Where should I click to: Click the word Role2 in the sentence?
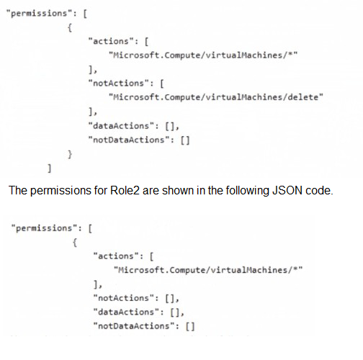(125, 191)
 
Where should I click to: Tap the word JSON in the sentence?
(287, 191)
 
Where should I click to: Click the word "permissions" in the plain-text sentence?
(60, 191)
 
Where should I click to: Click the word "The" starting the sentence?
(18, 191)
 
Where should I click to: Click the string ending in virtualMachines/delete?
(216, 97)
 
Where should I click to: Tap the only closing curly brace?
(70, 154)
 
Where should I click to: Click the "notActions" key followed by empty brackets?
(124, 298)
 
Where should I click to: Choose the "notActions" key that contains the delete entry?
(119, 83)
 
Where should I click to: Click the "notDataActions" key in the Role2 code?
(134, 325)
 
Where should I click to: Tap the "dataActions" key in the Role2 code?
(126, 312)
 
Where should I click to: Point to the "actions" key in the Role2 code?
(116, 256)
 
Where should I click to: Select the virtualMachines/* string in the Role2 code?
(208, 270)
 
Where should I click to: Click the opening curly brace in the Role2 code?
(75, 243)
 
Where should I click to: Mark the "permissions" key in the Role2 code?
(44, 228)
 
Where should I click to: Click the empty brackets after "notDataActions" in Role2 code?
(190, 326)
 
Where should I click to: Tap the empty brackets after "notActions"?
(170, 298)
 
